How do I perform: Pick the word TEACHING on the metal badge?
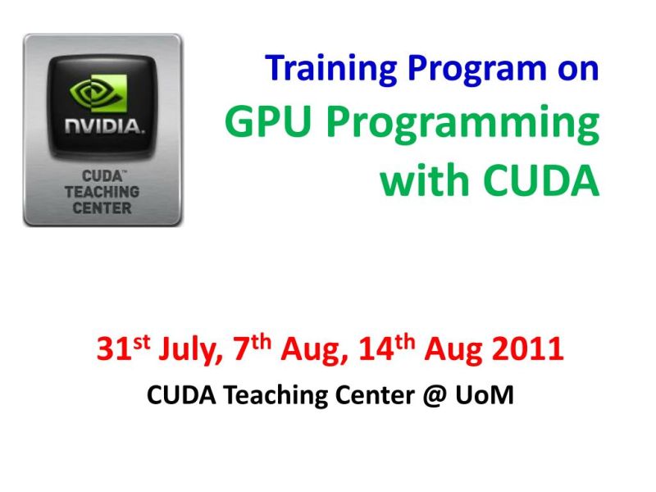coord(102,191)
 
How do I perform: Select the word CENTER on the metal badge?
coord(102,207)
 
